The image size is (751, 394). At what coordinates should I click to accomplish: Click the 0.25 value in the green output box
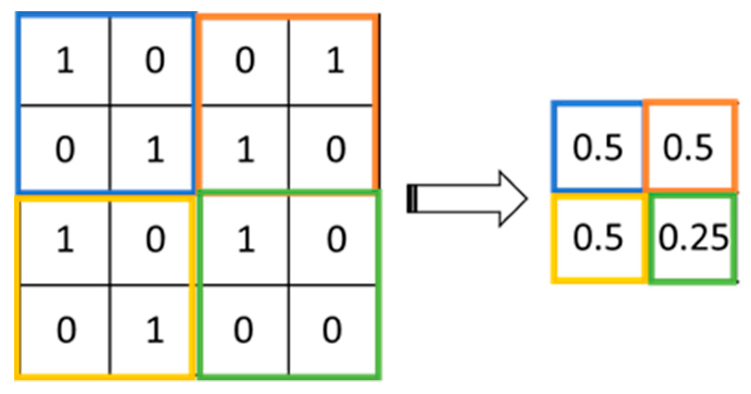point(693,238)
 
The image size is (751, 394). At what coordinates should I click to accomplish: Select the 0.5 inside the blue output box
point(598,147)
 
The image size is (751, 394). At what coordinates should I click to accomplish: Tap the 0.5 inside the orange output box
point(688,147)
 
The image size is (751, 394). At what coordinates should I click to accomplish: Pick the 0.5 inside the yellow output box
point(598,237)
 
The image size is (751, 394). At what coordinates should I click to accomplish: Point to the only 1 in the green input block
point(245,239)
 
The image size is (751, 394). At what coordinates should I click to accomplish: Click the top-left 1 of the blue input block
point(65,61)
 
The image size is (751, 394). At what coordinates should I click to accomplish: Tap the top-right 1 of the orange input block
point(335,61)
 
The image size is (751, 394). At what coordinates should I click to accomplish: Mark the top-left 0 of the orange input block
point(245,61)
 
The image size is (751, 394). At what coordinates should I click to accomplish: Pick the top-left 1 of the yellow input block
point(65,239)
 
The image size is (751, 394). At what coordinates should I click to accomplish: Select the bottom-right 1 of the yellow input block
point(155,330)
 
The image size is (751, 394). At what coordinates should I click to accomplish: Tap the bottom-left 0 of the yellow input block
point(65,330)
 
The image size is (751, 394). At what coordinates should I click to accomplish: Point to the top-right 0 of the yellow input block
point(155,239)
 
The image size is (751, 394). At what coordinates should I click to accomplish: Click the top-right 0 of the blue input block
point(155,61)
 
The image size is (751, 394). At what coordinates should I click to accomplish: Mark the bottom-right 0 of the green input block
point(332,330)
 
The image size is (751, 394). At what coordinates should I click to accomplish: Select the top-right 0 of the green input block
point(335,239)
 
